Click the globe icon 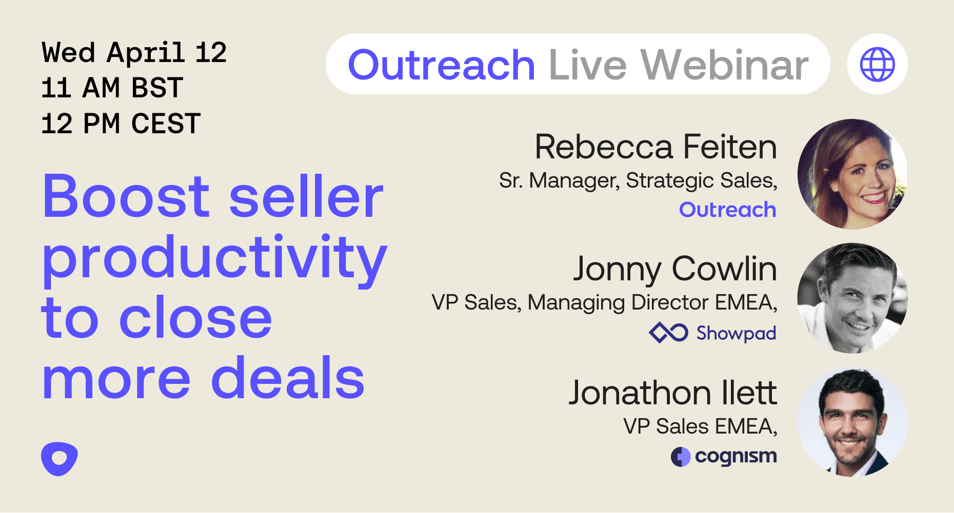pyautogui.click(x=878, y=64)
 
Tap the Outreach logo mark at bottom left pyautogui.click(x=59, y=458)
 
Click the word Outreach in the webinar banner pyautogui.click(x=442, y=65)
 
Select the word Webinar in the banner pyautogui.click(x=725, y=65)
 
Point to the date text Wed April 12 pyautogui.click(x=134, y=53)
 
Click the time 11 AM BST pyautogui.click(x=112, y=88)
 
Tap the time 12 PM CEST pyautogui.click(x=121, y=124)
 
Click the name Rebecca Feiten pyautogui.click(x=656, y=147)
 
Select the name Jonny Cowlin pyautogui.click(x=675, y=269)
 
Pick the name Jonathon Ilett pyautogui.click(x=673, y=393)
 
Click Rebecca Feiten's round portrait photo pyautogui.click(x=852, y=174)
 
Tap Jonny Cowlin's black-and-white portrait pyautogui.click(x=852, y=298)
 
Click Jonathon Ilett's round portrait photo pyautogui.click(x=852, y=421)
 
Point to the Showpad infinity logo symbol pyautogui.click(x=668, y=333)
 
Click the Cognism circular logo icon pyautogui.click(x=681, y=457)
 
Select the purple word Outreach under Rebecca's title pyautogui.click(x=728, y=210)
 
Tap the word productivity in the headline pyautogui.click(x=214, y=259)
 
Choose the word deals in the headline pyautogui.click(x=288, y=378)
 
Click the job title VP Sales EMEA pyautogui.click(x=701, y=426)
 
